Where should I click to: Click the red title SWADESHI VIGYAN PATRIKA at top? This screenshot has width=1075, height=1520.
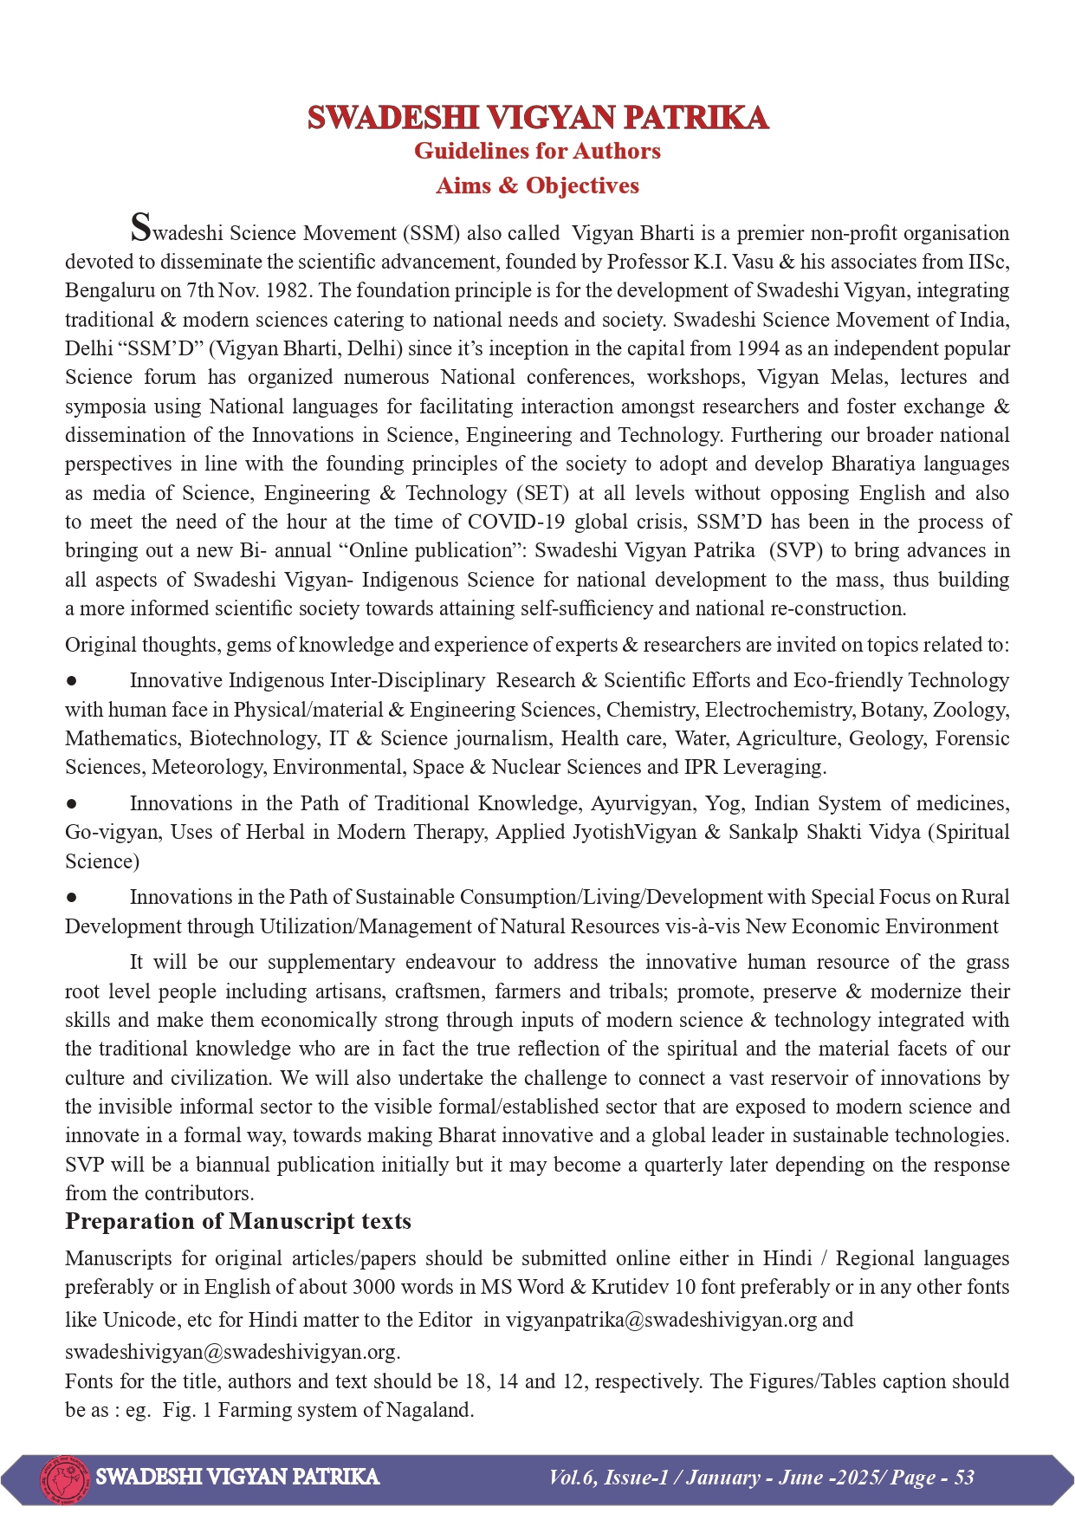click(537, 117)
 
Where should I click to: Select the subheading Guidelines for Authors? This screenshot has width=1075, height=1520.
click(537, 151)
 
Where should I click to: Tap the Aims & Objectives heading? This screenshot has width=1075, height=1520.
click(537, 185)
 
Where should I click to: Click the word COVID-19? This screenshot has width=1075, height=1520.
click(517, 522)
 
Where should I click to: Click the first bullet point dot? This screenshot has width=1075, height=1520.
click(72, 681)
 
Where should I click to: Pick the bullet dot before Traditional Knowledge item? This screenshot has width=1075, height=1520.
click(72, 804)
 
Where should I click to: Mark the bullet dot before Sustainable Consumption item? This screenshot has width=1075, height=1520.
click(72, 898)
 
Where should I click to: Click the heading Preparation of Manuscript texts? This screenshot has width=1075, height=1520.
click(238, 1221)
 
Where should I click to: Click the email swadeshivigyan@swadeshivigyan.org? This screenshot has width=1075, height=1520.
click(230, 1352)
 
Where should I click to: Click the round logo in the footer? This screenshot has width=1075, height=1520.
click(65, 1478)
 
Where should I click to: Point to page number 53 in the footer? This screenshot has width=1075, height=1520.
click(964, 1478)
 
